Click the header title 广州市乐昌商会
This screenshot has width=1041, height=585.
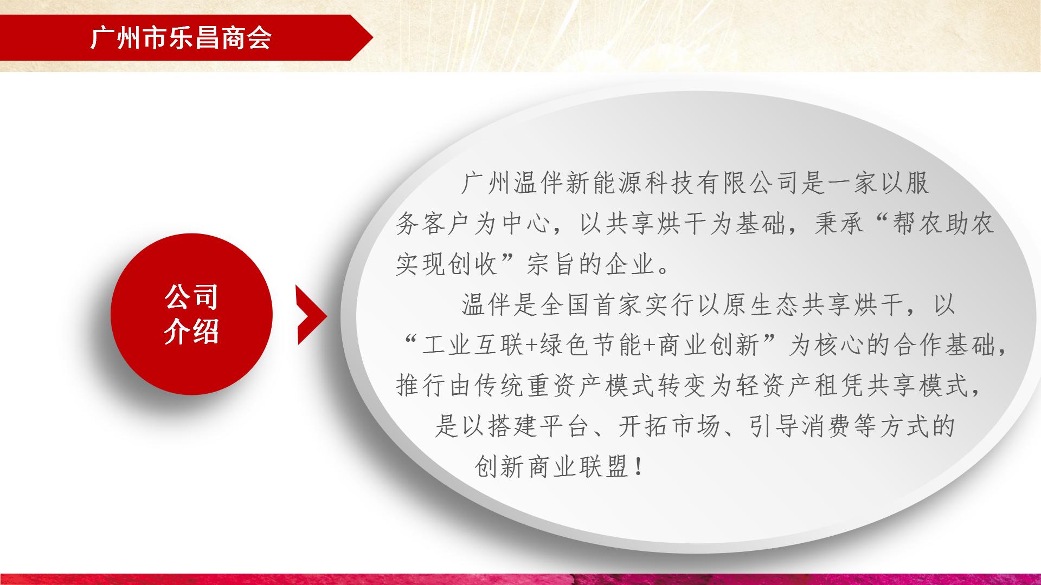point(181,38)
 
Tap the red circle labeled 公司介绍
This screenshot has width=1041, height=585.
point(191,314)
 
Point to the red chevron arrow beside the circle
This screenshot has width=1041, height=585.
point(312,315)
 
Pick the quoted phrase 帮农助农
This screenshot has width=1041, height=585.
point(943,224)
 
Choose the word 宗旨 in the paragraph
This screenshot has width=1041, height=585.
point(552,264)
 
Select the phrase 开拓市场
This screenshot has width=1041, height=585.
point(669,427)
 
